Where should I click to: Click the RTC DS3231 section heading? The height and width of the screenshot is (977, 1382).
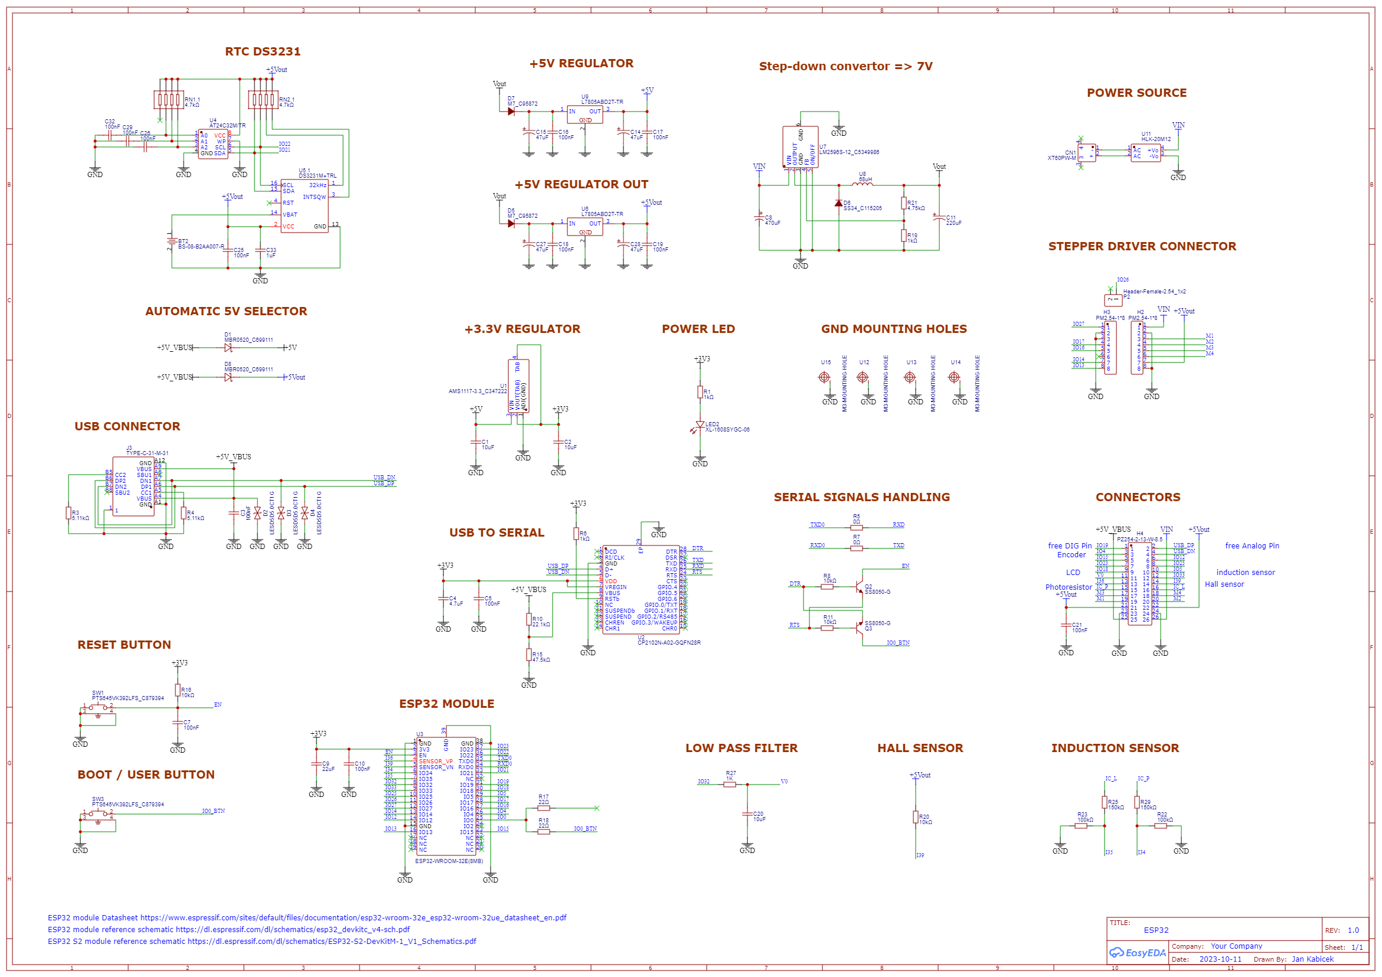click(x=263, y=52)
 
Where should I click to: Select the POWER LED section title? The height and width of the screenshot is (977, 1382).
click(x=698, y=329)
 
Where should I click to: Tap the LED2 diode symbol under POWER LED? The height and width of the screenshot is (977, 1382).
click(x=700, y=425)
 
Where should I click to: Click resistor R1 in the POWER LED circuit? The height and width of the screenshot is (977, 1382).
click(x=700, y=393)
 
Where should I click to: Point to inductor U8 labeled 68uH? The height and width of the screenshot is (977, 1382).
click(x=862, y=184)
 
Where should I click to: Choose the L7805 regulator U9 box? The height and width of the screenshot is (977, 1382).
click(x=584, y=115)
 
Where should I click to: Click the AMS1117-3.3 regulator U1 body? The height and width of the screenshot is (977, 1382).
click(x=518, y=386)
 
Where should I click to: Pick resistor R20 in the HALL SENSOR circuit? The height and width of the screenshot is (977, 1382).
click(x=915, y=817)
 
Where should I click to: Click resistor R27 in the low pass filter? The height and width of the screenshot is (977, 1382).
click(x=730, y=785)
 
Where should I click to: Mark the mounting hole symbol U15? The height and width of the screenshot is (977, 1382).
click(x=824, y=377)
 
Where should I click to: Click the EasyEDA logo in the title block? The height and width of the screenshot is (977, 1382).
click(x=1137, y=953)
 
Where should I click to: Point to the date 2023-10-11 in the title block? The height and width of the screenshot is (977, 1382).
click(x=1220, y=959)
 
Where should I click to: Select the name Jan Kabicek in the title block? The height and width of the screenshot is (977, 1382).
click(x=1312, y=959)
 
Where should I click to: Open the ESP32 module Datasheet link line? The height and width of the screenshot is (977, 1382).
click(x=307, y=918)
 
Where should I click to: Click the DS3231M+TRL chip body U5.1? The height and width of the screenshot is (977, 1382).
click(x=305, y=206)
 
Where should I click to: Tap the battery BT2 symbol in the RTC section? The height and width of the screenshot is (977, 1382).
click(x=172, y=241)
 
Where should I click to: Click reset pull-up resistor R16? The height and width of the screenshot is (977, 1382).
click(x=178, y=691)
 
